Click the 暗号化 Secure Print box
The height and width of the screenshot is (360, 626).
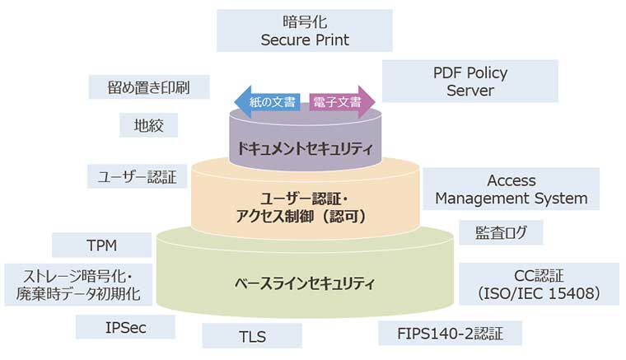coord(305,30)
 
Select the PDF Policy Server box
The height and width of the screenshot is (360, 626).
coord(469,81)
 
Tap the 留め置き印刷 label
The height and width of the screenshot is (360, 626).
coord(148,86)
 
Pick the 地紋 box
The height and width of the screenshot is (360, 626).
coord(148,125)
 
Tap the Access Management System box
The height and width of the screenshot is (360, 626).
coord(511,189)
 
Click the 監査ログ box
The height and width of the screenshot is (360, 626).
coord(501,232)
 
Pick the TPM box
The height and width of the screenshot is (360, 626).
coord(101,245)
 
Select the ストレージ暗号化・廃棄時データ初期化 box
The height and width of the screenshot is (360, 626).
coord(78,284)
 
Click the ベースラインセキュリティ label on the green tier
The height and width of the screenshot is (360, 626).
coord(304,285)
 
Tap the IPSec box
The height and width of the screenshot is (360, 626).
coord(125,327)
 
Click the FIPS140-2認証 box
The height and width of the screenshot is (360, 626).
coord(451,334)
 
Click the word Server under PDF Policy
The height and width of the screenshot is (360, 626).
coord(469,91)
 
